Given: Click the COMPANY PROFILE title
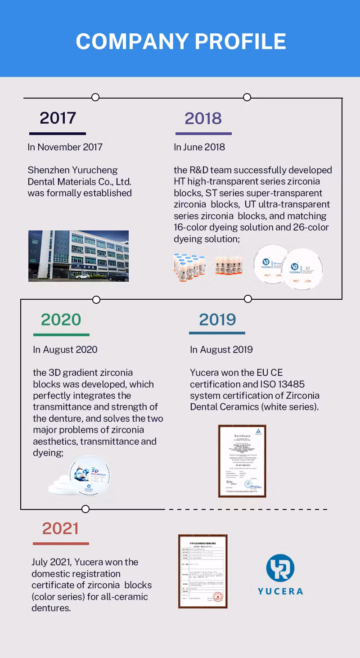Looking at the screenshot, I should coord(180,41).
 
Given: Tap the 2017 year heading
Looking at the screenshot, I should coord(58,118).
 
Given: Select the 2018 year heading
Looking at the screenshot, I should coord(203,118).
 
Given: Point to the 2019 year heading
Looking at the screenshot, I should coord(217,320).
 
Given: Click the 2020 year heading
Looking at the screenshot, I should coord(61,320).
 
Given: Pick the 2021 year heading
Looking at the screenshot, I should coord(60,528).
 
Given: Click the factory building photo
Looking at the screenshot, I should coord(78,256).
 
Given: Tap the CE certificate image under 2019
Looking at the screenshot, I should coord(242,461).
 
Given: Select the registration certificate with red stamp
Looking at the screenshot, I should coord(202,571).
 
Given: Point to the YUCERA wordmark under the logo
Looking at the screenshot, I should coord(280,591).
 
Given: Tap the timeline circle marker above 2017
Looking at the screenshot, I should coord(95,97).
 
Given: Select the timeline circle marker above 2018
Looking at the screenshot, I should coord(247,97).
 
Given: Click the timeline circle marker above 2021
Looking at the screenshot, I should coord(85,509).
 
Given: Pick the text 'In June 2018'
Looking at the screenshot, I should coord(199,147).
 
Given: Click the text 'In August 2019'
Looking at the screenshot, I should coord(221,349).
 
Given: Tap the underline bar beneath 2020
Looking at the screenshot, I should coord(61,335).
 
